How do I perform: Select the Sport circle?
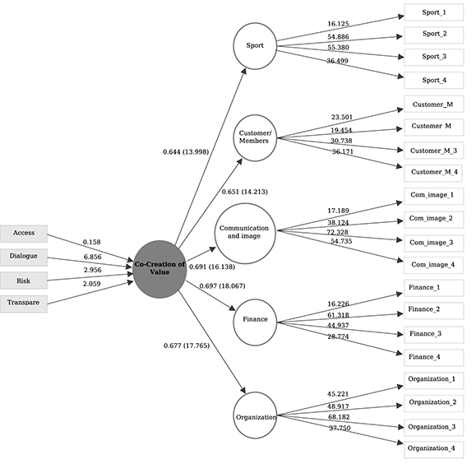(255, 45)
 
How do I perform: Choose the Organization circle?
(255, 417)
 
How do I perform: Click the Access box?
(22, 233)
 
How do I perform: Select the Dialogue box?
(22, 257)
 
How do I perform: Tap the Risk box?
(22, 281)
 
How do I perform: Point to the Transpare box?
(22, 304)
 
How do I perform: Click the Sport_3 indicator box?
(433, 58)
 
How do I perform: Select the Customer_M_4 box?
(433, 172)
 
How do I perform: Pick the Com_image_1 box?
(433, 196)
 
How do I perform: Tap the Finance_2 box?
(433, 310)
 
